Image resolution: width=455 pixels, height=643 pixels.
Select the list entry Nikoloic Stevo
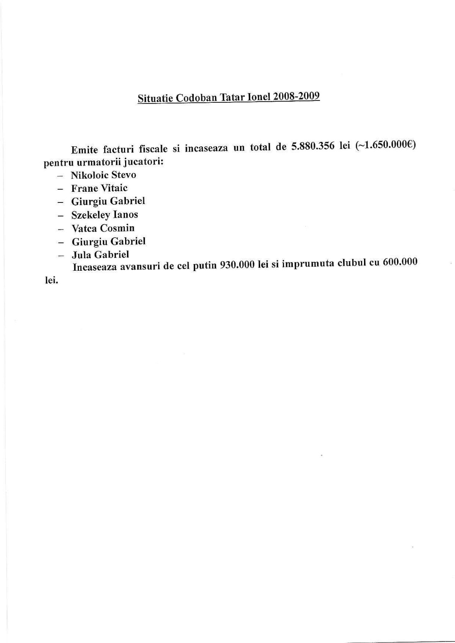point(104,175)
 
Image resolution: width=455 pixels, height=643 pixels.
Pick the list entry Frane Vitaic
point(99,188)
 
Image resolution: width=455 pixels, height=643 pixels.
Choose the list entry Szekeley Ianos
point(105,215)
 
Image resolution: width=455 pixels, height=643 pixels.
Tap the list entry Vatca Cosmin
point(103,228)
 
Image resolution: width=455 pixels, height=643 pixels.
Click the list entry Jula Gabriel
point(100,255)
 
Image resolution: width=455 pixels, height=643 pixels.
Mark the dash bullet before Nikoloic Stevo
point(60,176)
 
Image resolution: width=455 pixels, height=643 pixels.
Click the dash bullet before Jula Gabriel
point(60,256)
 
